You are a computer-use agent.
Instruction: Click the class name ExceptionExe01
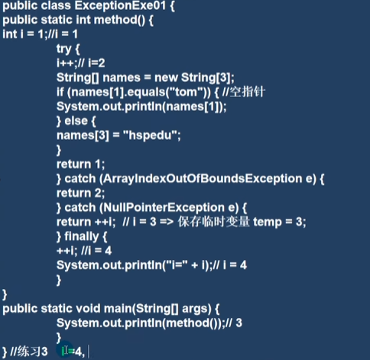pyautogui.click(x=120, y=5)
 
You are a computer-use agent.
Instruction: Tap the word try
pyautogui.click(x=63, y=49)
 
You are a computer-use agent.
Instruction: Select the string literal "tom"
pyautogui.click(x=182, y=92)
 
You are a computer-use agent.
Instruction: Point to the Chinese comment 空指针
pyautogui.click(x=247, y=92)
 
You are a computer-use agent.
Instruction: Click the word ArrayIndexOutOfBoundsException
pyautogui.click(x=203, y=179)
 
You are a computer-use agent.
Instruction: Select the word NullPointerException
pyautogui.click(x=164, y=208)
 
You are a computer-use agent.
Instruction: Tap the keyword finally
pyautogui.click(x=82, y=237)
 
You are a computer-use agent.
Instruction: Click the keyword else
pyautogui.click(x=76, y=121)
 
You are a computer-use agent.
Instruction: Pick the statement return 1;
pyautogui.click(x=80, y=164)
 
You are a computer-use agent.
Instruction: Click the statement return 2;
pyautogui.click(x=80, y=193)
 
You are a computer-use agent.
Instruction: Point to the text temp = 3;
pyautogui.click(x=280, y=222)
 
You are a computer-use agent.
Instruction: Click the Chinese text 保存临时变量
pyautogui.click(x=213, y=222)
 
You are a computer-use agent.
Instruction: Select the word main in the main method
pyautogui.click(x=118, y=309)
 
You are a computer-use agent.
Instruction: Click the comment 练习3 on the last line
pyautogui.click(x=32, y=352)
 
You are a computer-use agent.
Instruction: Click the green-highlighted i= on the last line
pyautogui.click(x=68, y=352)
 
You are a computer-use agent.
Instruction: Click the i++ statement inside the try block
pyautogui.click(x=66, y=63)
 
